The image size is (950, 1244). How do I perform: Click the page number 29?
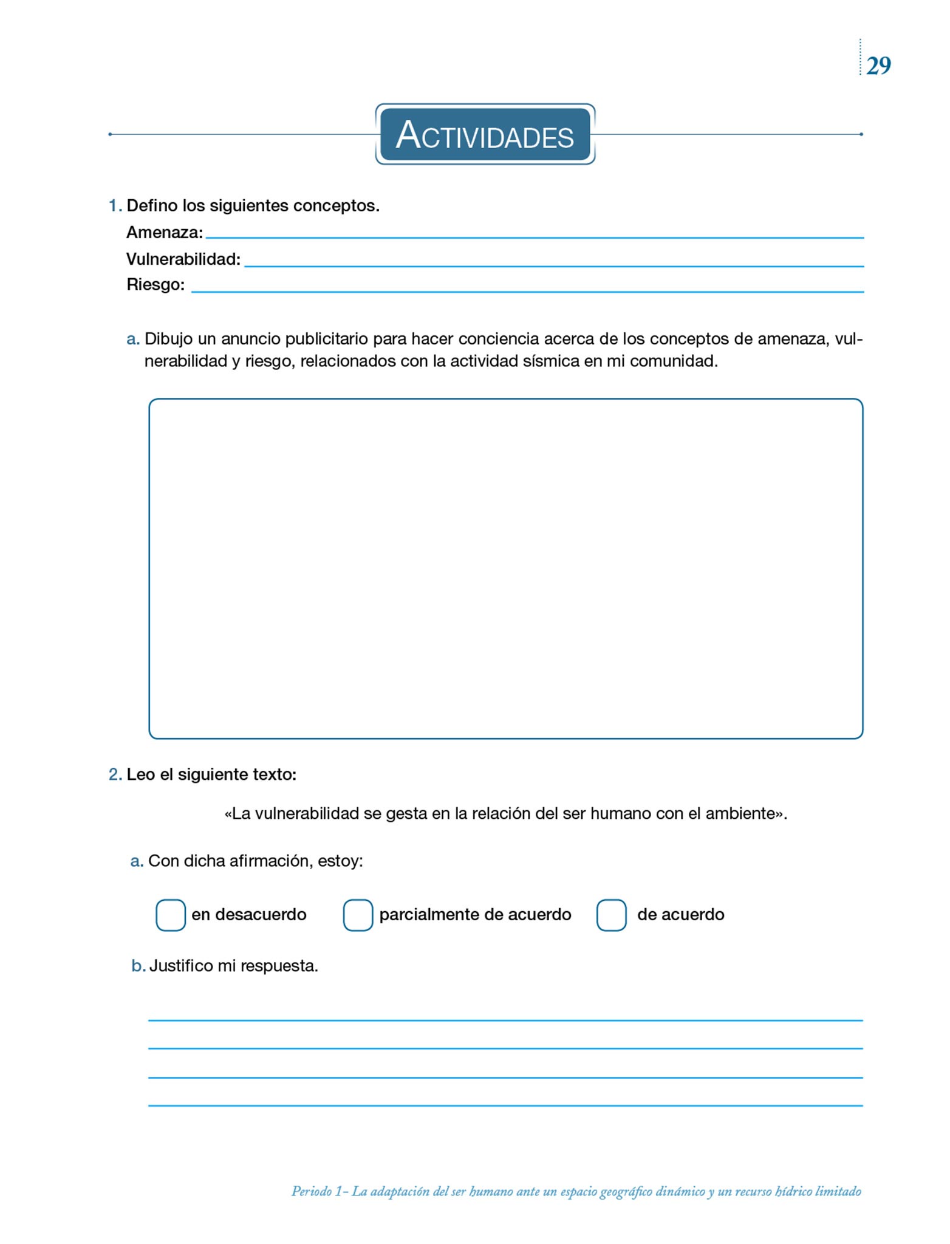(x=878, y=66)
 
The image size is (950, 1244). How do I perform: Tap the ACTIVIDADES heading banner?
(x=485, y=134)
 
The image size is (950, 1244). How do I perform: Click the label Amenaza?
(x=165, y=233)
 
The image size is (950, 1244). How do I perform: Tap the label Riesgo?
(x=155, y=285)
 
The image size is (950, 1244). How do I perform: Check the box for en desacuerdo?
(x=171, y=915)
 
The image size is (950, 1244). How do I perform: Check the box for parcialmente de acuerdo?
(x=358, y=915)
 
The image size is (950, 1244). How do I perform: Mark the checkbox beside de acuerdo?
(x=611, y=915)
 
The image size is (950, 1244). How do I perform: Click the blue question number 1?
(x=114, y=206)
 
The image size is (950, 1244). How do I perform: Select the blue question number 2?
(x=114, y=774)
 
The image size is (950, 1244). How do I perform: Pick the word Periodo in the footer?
(x=311, y=1191)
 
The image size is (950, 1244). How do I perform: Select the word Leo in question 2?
(x=140, y=774)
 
